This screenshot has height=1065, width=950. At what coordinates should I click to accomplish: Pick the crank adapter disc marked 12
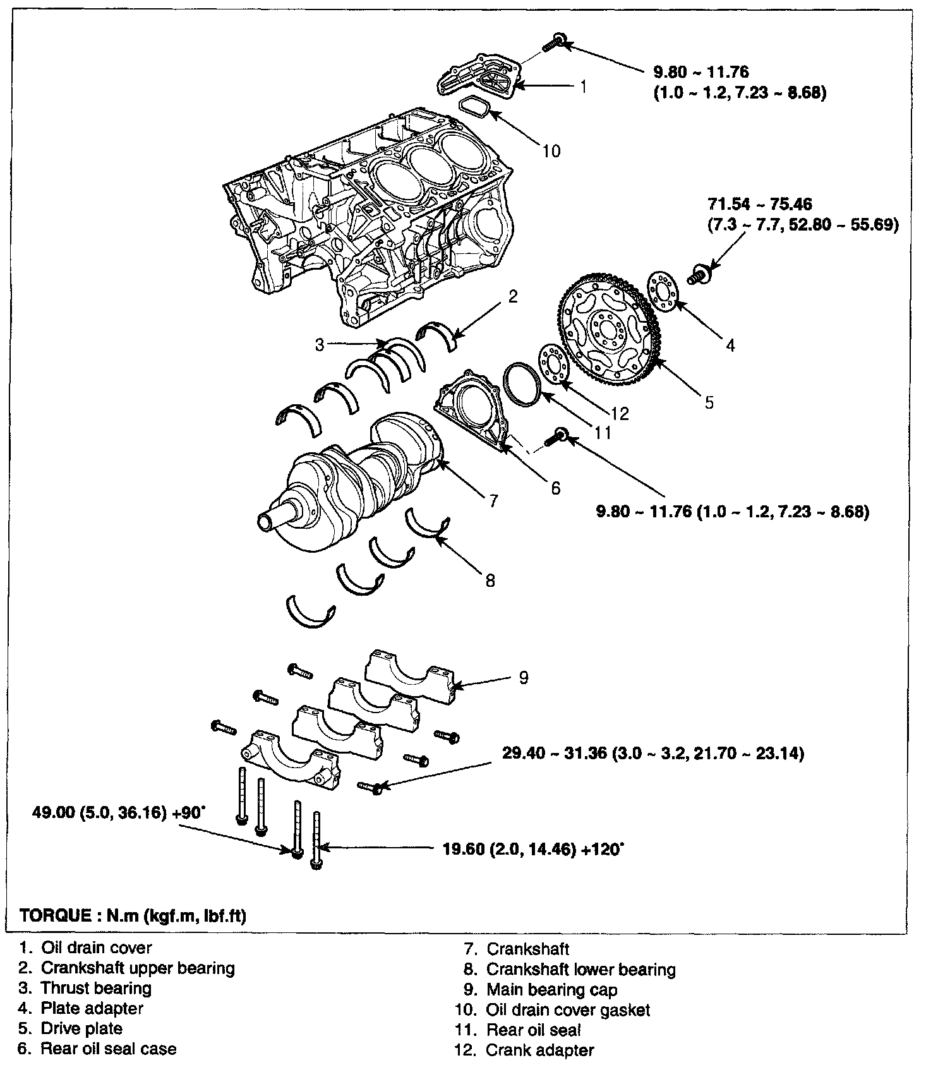(x=554, y=365)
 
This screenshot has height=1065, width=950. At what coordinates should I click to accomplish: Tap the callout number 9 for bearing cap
(x=523, y=678)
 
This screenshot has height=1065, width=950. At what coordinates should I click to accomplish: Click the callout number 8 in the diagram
(x=490, y=581)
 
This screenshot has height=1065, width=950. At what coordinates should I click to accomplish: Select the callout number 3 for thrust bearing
(x=320, y=344)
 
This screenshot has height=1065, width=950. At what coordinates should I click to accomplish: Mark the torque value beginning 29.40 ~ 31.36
(x=653, y=754)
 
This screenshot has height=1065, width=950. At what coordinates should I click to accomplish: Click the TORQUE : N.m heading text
(x=133, y=915)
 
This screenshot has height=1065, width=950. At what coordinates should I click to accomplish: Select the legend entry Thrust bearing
(x=96, y=988)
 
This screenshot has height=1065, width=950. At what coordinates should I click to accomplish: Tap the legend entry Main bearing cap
(x=551, y=990)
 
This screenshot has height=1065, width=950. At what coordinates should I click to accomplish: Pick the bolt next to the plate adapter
(x=700, y=274)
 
